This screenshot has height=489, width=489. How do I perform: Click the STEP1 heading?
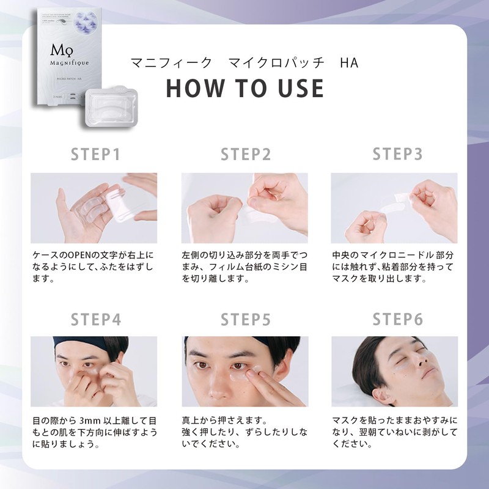[95, 154]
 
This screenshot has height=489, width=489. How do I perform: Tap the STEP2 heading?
[246, 154]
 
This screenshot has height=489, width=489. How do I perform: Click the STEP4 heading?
[95, 320]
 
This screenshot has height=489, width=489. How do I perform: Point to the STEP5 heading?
[246, 320]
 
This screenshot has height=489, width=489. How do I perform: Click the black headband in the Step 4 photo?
[92, 344]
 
